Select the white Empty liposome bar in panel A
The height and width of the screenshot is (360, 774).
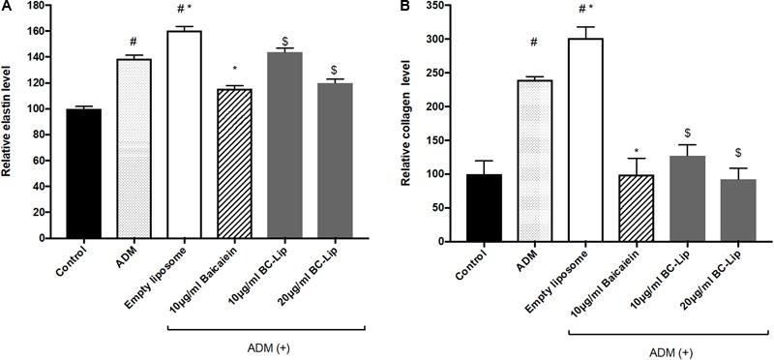184,135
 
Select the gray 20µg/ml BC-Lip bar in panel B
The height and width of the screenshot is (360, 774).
733,209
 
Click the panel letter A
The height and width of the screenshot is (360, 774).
7,8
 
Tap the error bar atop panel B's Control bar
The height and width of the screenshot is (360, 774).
483,162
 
